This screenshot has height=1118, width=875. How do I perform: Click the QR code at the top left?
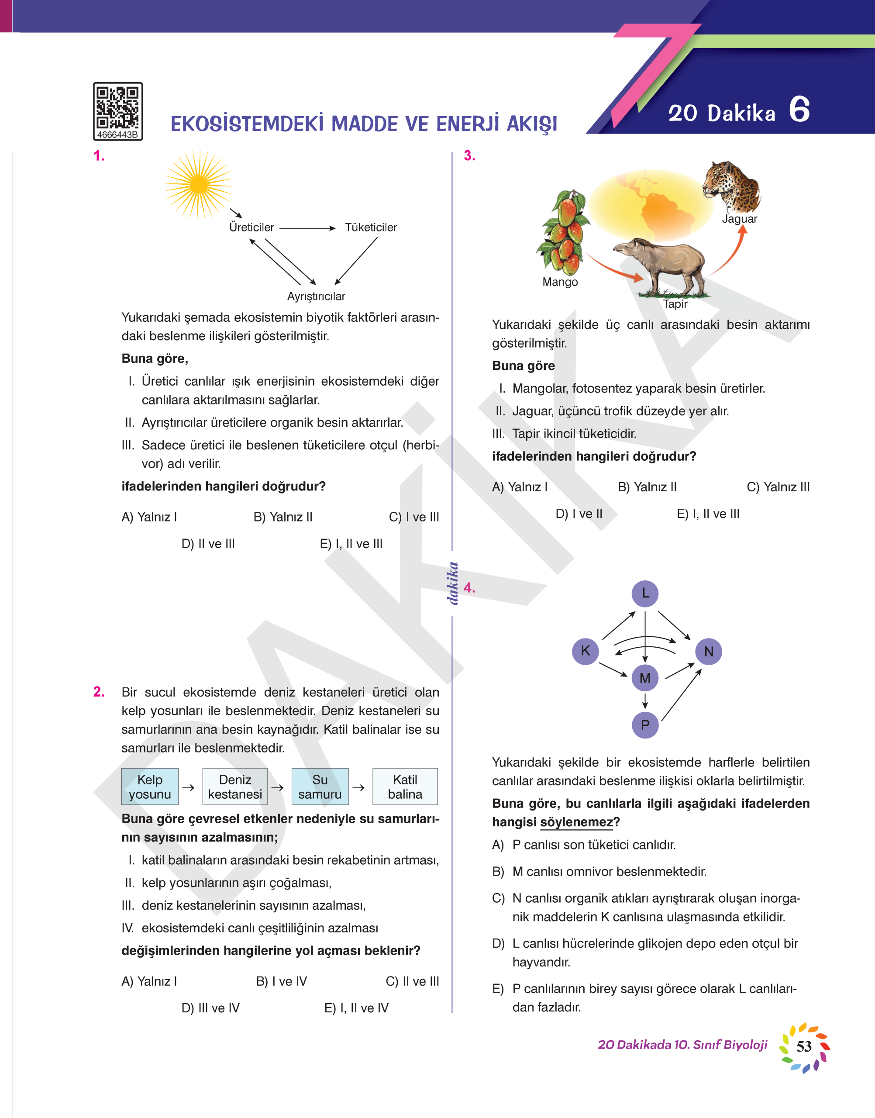pos(117,107)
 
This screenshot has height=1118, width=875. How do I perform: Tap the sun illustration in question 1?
pos(198,184)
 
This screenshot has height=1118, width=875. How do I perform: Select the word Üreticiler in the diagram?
pos(251,228)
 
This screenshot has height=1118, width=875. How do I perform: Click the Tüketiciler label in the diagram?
pos(370,228)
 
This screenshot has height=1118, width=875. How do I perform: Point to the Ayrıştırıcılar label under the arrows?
pos(316,296)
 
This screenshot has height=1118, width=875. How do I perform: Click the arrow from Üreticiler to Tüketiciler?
pos(307,228)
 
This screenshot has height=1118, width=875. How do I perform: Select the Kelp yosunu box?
pos(150,787)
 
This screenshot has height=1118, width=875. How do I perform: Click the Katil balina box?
pos(405,787)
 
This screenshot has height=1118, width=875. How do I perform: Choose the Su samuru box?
pos(320,787)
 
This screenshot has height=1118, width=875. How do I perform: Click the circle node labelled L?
pos(645,594)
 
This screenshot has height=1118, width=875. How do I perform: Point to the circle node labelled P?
pos(645,725)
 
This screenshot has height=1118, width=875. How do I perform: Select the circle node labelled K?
pos(585,651)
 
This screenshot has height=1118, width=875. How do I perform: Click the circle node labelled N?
pos(709,651)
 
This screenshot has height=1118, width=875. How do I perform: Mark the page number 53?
pos(804,1046)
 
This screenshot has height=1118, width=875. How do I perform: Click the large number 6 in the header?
pos(799,110)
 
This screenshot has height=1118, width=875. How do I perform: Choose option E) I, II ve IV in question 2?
pos(357,1008)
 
